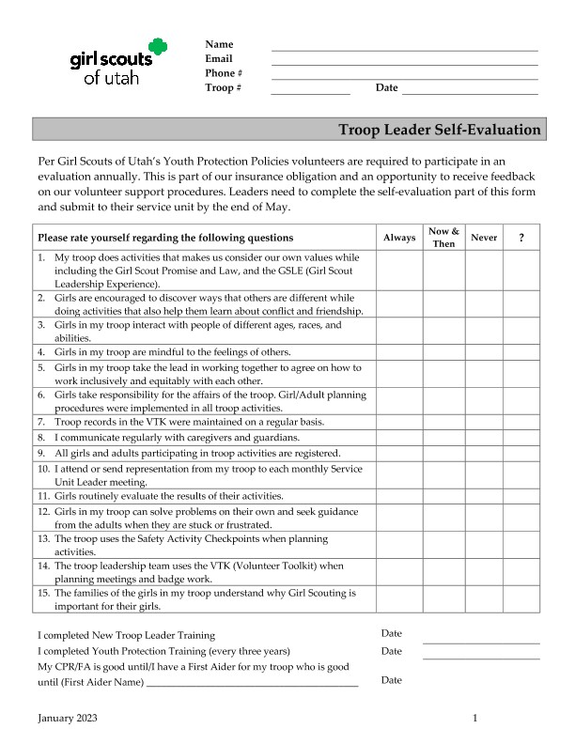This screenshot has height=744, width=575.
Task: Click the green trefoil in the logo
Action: (x=157, y=47)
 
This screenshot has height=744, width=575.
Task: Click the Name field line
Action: (x=404, y=48)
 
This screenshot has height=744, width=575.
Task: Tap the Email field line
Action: (x=404, y=63)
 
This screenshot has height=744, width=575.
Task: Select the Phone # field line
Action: (x=404, y=78)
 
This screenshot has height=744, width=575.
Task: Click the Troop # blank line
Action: (x=310, y=92)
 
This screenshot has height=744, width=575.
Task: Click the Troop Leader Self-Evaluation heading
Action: (x=439, y=130)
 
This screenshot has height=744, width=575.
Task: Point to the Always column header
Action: (x=399, y=238)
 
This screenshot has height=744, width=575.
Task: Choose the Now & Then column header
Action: (x=443, y=238)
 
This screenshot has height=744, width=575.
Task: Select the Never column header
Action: (x=484, y=238)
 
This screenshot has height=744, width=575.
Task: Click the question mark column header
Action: (x=521, y=238)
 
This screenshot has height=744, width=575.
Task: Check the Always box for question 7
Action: (x=399, y=423)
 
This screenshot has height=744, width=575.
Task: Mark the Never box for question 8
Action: (x=484, y=438)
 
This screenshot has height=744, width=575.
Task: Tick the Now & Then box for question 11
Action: (x=443, y=496)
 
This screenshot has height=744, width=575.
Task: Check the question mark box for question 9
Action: (x=521, y=453)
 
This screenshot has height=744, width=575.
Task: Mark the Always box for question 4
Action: (x=399, y=352)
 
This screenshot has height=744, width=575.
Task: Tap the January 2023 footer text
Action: (x=67, y=719)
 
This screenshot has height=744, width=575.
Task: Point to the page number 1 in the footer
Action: (x=475, y=719)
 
